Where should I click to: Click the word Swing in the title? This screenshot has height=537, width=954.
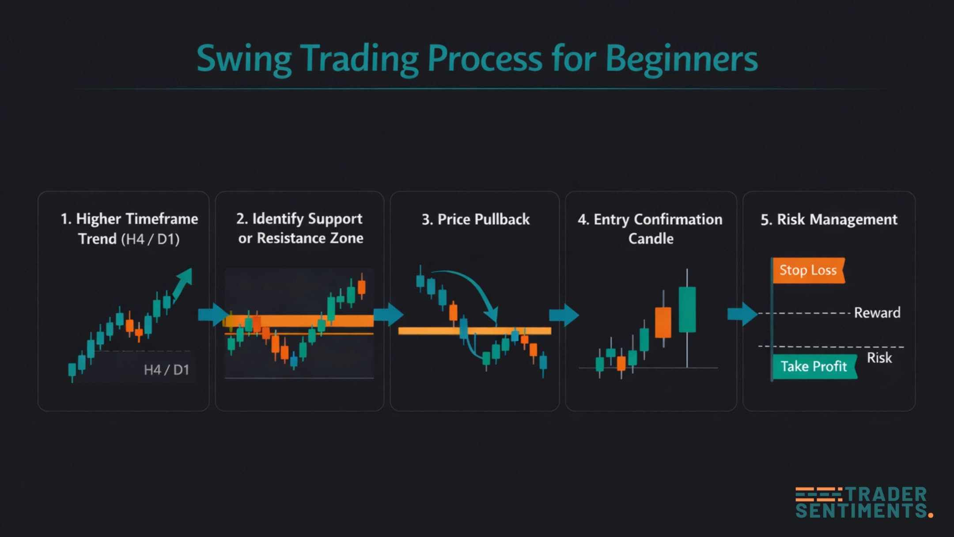(x=244, y=59)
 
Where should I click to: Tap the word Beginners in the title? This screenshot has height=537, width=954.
(x=681, y=59)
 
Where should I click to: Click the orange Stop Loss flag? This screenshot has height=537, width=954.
(x=808, y=270)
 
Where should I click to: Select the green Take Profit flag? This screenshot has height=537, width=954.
(x=814, y=366)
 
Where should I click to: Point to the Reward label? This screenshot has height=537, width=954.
(x=877, y=313)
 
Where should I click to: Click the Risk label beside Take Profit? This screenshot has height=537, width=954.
(x=879, y=358)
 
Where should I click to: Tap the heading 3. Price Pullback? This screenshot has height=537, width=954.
(x=475, y=219)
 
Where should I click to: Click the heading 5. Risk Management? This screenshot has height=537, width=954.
(x=829, y=219)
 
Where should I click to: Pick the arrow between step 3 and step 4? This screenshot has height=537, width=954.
(x=564, y=315)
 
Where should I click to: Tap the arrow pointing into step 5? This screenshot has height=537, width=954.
(x=742, y=314)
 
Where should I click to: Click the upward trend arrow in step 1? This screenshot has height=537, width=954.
(x=183, y=283)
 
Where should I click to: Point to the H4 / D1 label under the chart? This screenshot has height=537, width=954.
(x=166, y=369)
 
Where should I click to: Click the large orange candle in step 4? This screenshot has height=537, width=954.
(x=663, y=322)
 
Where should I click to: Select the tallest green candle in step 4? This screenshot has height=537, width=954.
(x=687, y=309)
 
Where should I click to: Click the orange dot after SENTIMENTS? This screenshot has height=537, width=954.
(x=931, y=515)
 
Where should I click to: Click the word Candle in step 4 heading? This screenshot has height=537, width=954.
(x=651, y=239)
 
